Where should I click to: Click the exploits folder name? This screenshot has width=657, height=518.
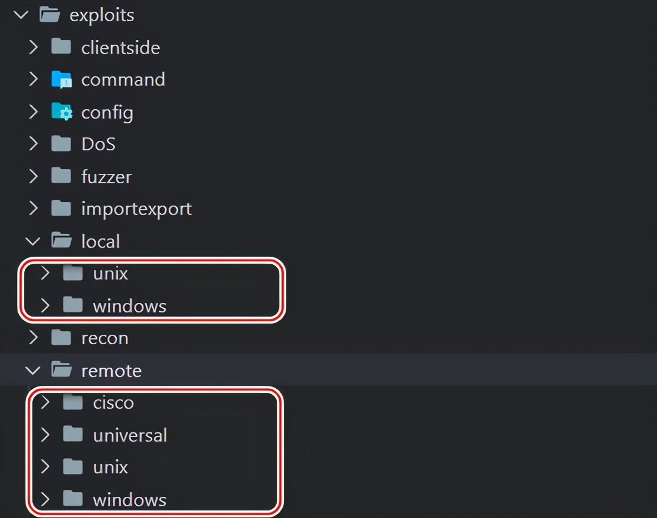coord(102,15)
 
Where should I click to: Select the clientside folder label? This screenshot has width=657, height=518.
coord(120,48)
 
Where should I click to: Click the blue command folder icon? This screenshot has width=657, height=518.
coord(62,79)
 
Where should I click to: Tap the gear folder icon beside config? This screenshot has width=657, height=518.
coord(62,112)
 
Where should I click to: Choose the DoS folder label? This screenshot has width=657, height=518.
coord(99,144)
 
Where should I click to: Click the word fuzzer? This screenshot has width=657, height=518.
coord(106,176)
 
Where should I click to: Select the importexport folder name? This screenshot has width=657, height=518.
coord(136,208)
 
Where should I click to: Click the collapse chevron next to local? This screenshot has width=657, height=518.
coord(33,241)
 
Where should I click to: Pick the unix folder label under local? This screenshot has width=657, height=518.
coord(110,274)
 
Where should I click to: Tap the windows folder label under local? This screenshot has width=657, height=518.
coord(129,306)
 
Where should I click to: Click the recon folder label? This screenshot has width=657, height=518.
coord(105,338)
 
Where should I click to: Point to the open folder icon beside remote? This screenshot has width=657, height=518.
coord(62,370)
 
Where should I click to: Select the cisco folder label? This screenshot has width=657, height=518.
coord(113,402)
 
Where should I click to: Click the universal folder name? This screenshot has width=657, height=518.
coord(130,435)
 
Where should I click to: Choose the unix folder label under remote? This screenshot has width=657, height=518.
coord(110,467)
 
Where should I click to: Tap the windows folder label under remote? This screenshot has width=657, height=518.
coord(129,500)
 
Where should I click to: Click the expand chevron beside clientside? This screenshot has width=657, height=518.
coord(33,47)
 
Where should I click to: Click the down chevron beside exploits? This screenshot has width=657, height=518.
coord(21,15)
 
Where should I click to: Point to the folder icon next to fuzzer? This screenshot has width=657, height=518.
coord(61,176)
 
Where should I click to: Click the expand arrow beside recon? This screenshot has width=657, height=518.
coord(33,338)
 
